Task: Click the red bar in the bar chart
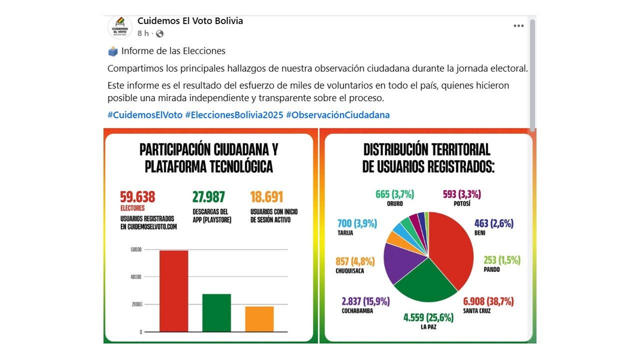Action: pyautogui.click(x=173, y=290)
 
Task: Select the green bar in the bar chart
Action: pyautogui.click(x=216, y=312)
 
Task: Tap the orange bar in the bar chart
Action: pyautogui.click(x=259, y=318)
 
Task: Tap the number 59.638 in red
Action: pyautogui.click(x=137, y=197)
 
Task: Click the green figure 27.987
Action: pyautogui.click(x=208, y=197)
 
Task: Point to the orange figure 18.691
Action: pyautogui.click(x=266, y=197)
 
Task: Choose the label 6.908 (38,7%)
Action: pyautogui.click(x=488, y=301)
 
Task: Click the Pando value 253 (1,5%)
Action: pyautogui.click(x=501, y=260)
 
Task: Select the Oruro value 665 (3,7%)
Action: pyautogui.click(x=394, y=194)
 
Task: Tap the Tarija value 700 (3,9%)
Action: pyautogui.click(x=357, y=223)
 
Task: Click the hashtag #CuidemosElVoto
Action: pyautogui.click(x=145, y=115)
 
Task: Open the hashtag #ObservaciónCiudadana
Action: pyautogui.click(x=337, y=115)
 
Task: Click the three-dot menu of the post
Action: pyautogui.click(x=518, y=26)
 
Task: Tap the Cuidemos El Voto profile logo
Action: pyautogui.click(x=120, y=27)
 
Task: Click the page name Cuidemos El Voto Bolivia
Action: pyautogui.click(x=190, y=21)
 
